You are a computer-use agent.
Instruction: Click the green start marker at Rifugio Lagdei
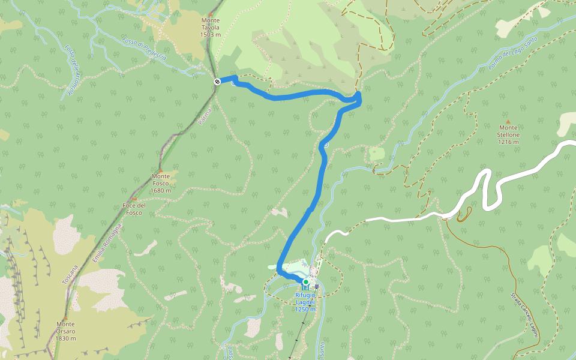305,282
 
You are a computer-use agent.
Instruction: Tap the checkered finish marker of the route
217,81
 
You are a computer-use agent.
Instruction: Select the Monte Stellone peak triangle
508,121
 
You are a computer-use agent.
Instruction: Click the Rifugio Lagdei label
305,302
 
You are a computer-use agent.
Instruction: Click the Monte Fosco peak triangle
160,170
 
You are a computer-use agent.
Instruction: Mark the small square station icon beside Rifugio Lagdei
316,287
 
